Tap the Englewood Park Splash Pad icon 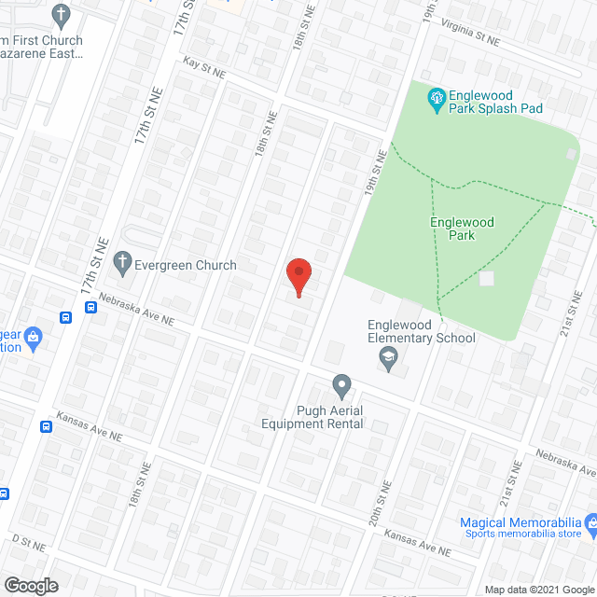click(x=435, y=97)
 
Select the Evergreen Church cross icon click(x=121, y=265)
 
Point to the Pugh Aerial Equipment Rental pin click(x=341, y=384)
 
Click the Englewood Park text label click(x=462, y=229)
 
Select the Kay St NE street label click(x=205, y=68)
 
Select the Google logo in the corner click(x=30, y=586)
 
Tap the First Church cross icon click(x=61, y=16)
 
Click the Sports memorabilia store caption click(x=522, y=534)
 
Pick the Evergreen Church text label click(x=185, y=266)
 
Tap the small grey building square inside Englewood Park click(x=486, y=278)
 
